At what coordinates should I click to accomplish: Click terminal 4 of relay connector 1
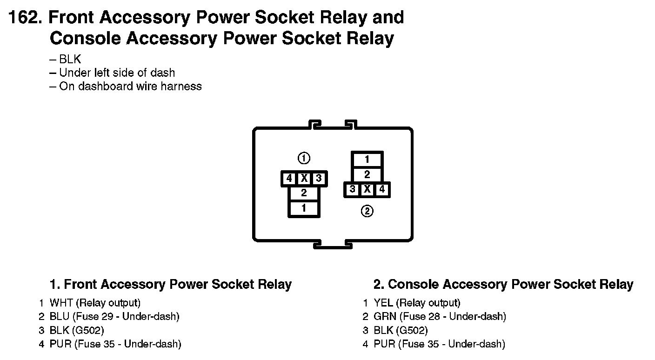289,178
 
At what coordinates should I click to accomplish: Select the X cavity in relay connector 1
304,178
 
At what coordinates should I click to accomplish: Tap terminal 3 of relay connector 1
319,178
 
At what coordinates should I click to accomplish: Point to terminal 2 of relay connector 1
304,193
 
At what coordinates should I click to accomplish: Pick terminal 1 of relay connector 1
304,208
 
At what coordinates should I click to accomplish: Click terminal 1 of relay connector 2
367,160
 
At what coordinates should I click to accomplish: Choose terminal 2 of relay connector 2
367,175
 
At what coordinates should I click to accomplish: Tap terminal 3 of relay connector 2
353,189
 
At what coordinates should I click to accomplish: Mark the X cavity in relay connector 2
367,189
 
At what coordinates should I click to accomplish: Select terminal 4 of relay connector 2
382,189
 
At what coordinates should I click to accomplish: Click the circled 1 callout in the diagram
304,159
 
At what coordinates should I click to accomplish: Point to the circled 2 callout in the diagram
367,212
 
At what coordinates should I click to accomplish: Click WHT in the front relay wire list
61,303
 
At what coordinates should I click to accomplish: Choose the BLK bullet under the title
70,59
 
